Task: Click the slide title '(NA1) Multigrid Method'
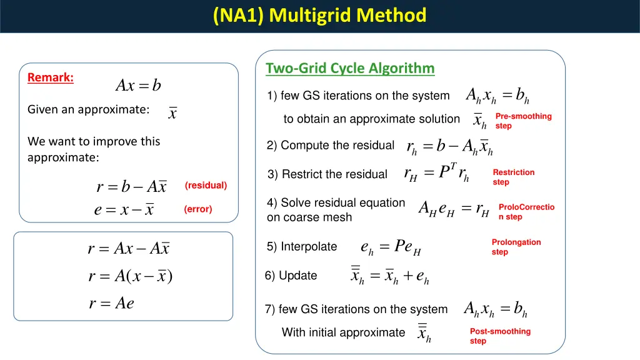pos(319,15)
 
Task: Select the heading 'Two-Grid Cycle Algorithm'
pos(350,67)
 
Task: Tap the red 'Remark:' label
pos(51,77)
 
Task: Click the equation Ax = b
pos(138,86)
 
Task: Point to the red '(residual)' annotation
pos(206,186)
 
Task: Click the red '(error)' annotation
pos(198,209)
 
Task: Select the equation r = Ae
pos(112,304)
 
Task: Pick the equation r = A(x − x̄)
pos(131,276)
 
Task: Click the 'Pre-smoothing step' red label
pos(523,121)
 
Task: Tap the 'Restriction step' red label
pos(513,177)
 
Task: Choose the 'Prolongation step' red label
pos(516,247)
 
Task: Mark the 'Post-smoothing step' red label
pos(500,336)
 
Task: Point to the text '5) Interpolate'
pos(302,247)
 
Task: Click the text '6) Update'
pos(291,276)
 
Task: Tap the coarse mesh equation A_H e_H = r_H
pos(453,211)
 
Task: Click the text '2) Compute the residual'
pos(330,146)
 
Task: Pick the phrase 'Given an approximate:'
pos(88,109)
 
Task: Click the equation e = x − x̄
pos(124,210)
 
